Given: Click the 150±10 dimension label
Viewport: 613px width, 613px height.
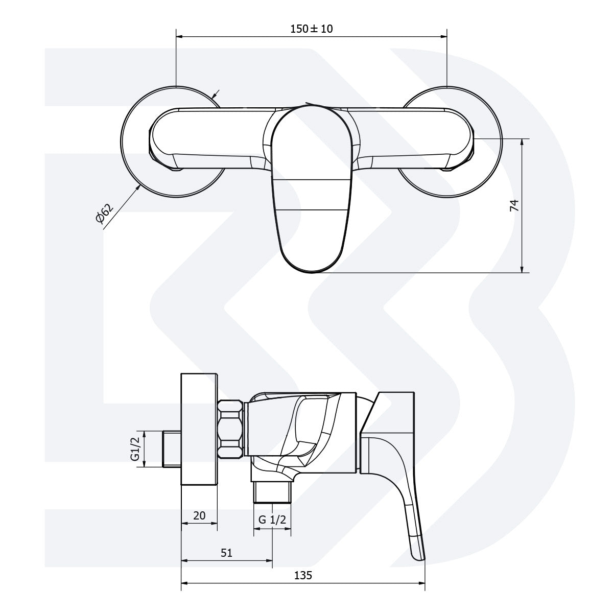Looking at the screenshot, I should point(311,29).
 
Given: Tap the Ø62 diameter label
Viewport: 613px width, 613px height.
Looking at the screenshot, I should point(104,214).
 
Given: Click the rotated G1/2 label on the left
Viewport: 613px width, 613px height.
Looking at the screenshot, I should point(135,449).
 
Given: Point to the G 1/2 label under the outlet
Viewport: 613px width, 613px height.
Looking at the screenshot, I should point(272,520).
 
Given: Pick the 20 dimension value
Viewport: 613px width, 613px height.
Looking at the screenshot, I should point(199,515).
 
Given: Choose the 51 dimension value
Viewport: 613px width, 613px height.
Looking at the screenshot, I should point(226,552).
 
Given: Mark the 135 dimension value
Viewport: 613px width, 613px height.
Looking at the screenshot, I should point(303,575).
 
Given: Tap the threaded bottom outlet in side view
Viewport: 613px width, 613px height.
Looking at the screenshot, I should point(272,493).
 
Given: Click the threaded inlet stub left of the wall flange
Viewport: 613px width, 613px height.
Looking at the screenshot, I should point(172,449).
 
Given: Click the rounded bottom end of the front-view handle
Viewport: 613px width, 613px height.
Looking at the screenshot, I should point(306,266).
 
